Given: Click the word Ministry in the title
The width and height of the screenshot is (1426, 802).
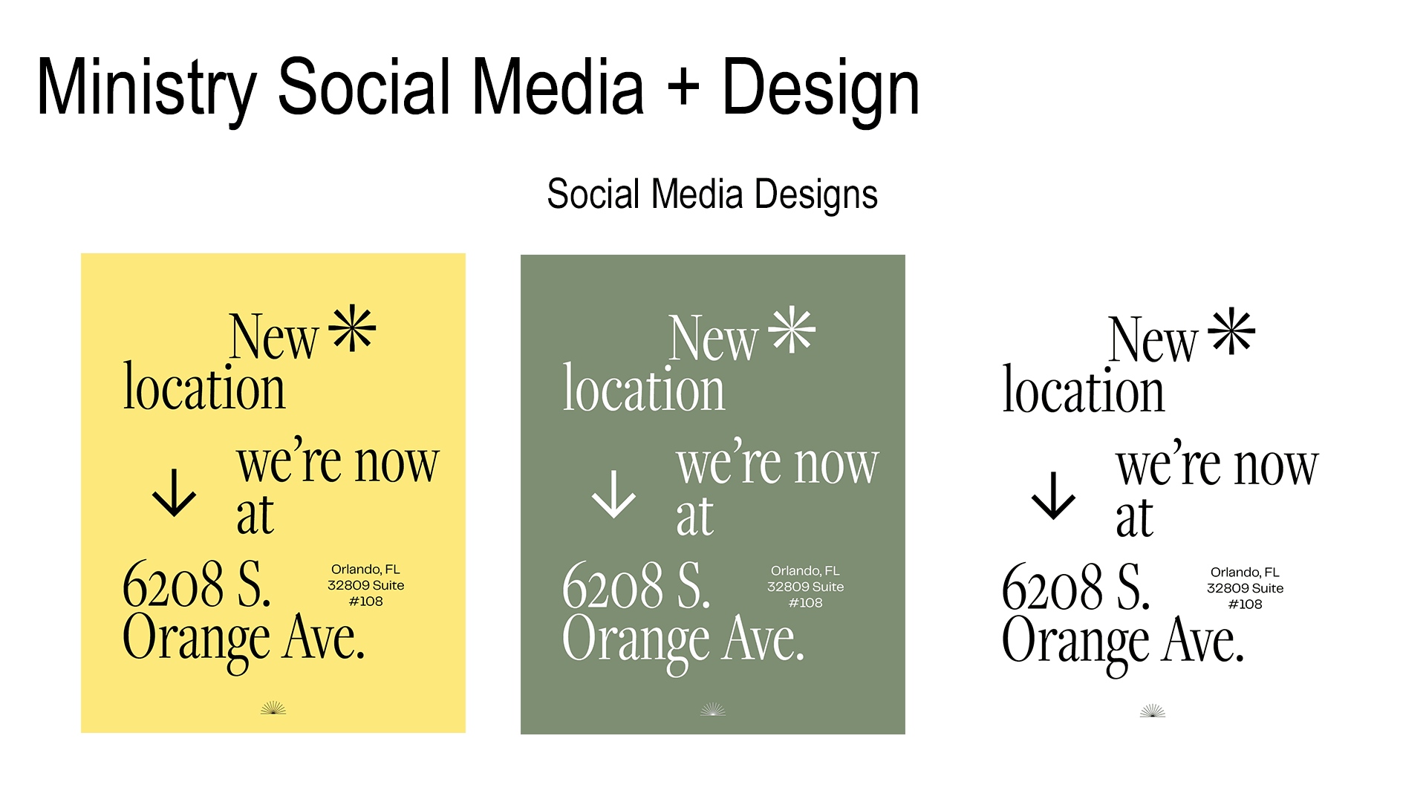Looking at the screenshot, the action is coord(146,89).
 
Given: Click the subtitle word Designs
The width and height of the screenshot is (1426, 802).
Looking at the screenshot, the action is coord(816,195).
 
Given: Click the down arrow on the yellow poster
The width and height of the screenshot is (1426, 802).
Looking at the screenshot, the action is coord(175,492).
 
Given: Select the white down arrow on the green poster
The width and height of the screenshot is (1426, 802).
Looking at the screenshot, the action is coord(614,494).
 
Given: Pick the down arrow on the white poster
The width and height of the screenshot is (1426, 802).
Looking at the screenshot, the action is coord(1054,495).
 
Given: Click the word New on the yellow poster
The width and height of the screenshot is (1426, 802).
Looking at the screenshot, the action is coord(273,336).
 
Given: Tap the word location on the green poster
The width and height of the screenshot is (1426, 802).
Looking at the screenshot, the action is coord(644,388).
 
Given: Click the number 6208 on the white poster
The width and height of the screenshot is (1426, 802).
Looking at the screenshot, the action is coord(1052,587).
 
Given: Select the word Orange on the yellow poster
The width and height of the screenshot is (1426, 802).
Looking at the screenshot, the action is coord(197,641).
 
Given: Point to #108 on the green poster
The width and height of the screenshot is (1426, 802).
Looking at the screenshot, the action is coord(806,603).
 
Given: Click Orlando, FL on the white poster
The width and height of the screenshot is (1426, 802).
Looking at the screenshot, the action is coord(1245,573).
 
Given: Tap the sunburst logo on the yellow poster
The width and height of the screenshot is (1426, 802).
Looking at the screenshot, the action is coord(273,708).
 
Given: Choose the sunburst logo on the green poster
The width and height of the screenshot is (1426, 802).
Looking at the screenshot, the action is coord(713,709).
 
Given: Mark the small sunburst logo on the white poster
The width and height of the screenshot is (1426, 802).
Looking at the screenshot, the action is coord(1153,711).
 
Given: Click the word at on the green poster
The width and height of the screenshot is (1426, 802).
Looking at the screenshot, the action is coord(694,518).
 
